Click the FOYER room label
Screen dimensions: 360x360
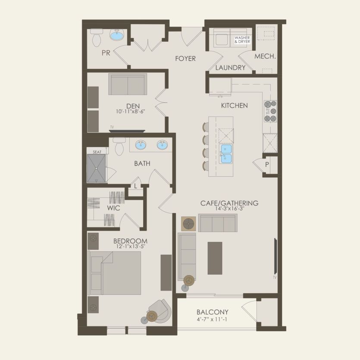[x=185, y=59]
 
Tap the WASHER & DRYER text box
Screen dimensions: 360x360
[x=242, y=40]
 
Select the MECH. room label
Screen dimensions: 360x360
[x=265, y=56]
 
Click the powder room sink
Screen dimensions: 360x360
[x=117, y=34]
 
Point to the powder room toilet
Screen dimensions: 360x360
[x=96, y=38]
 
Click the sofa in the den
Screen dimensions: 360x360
[x=128, y=84]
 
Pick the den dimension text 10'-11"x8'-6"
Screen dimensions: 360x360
[x=131, y=112]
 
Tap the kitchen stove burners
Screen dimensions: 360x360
[x=270, y=111]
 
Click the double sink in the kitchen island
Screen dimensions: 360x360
[x=225, y=154]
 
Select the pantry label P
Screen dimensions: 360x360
[x=267, y=165]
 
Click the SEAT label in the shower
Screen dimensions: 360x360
[x=97, y=152]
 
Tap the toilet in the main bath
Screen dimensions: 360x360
[x=119, y=146]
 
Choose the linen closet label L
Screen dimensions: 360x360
[x=135, y=186]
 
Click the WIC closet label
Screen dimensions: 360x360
[x=113, y=208]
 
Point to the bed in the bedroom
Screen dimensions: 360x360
[x=115, y=273]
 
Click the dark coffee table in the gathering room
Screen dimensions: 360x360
[x=215, y=258]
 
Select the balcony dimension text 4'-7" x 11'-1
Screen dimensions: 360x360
[x=213, y=319]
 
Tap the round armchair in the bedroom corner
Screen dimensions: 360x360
[x=160, y=311]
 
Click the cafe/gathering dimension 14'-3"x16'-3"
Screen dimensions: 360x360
[x=229, y=209]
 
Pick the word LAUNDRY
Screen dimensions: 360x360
[x=230, y=68]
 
